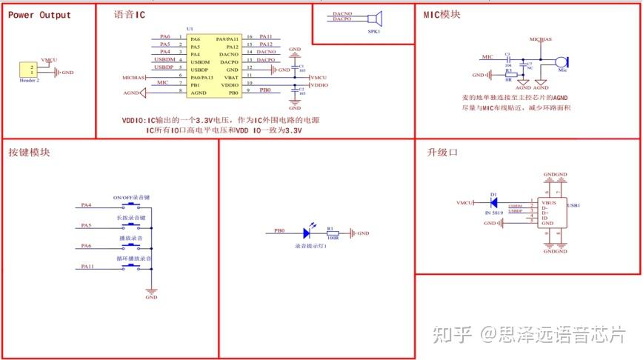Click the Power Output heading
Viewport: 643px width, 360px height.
click(39, 15)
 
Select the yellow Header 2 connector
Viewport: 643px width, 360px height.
click(33, 69)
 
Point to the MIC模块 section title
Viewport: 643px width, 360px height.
click(442, 14)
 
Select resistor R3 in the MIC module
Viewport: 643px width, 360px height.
click(508, 75)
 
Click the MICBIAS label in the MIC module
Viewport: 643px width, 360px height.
click(541, 37)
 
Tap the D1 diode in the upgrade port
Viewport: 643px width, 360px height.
click(493, 201)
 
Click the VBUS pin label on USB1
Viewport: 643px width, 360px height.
click(549, 201)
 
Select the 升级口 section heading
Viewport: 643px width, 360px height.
click(443, 152)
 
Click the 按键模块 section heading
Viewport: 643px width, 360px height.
click(30, 152)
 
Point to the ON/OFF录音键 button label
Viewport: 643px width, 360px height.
click(132, 198)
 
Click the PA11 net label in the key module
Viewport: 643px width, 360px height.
click(87, 265)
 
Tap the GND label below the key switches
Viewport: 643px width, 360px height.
click(151, 297)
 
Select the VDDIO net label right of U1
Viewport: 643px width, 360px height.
click(319, 85)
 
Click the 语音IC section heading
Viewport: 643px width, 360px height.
click(130, 15)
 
